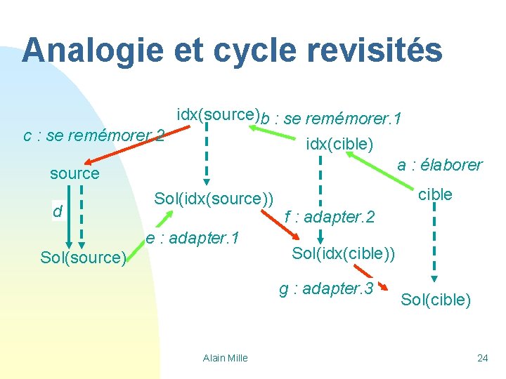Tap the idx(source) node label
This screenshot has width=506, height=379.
[218, 114]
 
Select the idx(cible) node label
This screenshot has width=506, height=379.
[340, 145]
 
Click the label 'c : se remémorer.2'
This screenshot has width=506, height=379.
[93, 135]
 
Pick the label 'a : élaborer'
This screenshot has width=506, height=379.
[440, 165]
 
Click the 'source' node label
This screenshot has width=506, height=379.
[74, 173]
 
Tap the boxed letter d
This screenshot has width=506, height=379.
[59, 211]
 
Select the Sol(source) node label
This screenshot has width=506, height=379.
[83, 258]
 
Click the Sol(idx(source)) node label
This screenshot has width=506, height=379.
[214, 199]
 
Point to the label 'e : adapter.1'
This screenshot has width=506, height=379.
[192, 238]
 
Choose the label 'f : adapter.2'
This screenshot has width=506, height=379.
[329, 218]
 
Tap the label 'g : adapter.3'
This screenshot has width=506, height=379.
[325, 288]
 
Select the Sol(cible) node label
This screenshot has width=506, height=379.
[436, 300]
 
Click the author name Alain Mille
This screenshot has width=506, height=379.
[225, 358]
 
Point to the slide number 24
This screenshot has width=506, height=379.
[482, 358]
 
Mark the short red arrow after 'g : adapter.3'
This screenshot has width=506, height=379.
[384, 288]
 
